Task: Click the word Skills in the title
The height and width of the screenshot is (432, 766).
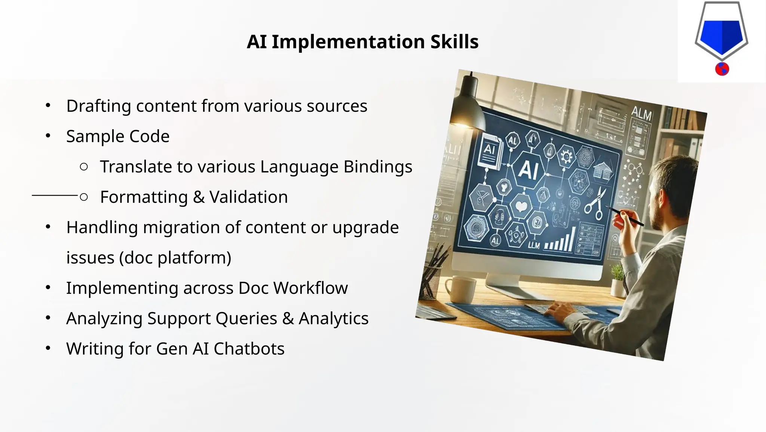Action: [x=454, y=42]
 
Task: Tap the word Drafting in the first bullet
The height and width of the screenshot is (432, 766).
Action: [x=98, y=106]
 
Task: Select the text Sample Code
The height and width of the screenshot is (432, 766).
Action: [x=118, y=136]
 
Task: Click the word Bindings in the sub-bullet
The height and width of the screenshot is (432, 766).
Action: [x=378, y=167]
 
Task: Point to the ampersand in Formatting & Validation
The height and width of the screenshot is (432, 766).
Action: [x=199, y=197]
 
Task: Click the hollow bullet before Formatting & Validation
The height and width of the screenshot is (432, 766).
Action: [x=84, y=197]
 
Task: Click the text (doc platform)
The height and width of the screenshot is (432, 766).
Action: [x=175, y=258]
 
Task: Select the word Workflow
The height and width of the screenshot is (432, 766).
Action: [x=310, y=288]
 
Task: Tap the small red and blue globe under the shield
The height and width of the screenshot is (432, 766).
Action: [x=722, y=69]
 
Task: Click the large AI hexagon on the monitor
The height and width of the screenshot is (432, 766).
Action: [x=528, y=169]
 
